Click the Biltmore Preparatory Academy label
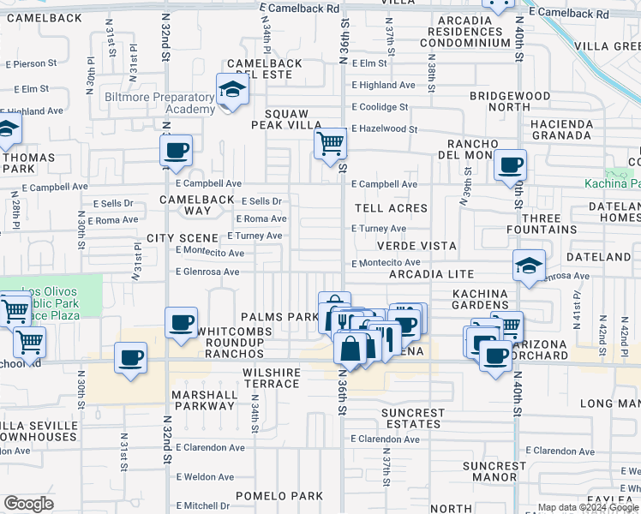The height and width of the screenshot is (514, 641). tap(160, 104)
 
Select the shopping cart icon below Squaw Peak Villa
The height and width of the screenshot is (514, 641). tap(330, 142)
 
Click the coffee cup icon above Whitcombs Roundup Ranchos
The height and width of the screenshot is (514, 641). tap(182, 323)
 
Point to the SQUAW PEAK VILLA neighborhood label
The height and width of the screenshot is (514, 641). tap(286, 119)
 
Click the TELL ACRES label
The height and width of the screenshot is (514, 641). tap(390, 208)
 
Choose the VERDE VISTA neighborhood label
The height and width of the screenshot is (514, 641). tap(416, 246)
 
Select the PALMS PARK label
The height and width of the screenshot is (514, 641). tap(279, 317)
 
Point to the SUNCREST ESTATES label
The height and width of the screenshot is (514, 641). tap(413, 418)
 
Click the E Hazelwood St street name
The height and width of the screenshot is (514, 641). tap(384, 129)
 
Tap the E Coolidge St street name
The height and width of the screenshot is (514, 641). tap(380, 107)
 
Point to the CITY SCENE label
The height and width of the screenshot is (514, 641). tap(183, 237)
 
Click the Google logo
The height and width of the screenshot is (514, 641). tap(29, 503)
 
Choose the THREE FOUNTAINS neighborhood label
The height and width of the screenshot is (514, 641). tap(549, 224)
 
